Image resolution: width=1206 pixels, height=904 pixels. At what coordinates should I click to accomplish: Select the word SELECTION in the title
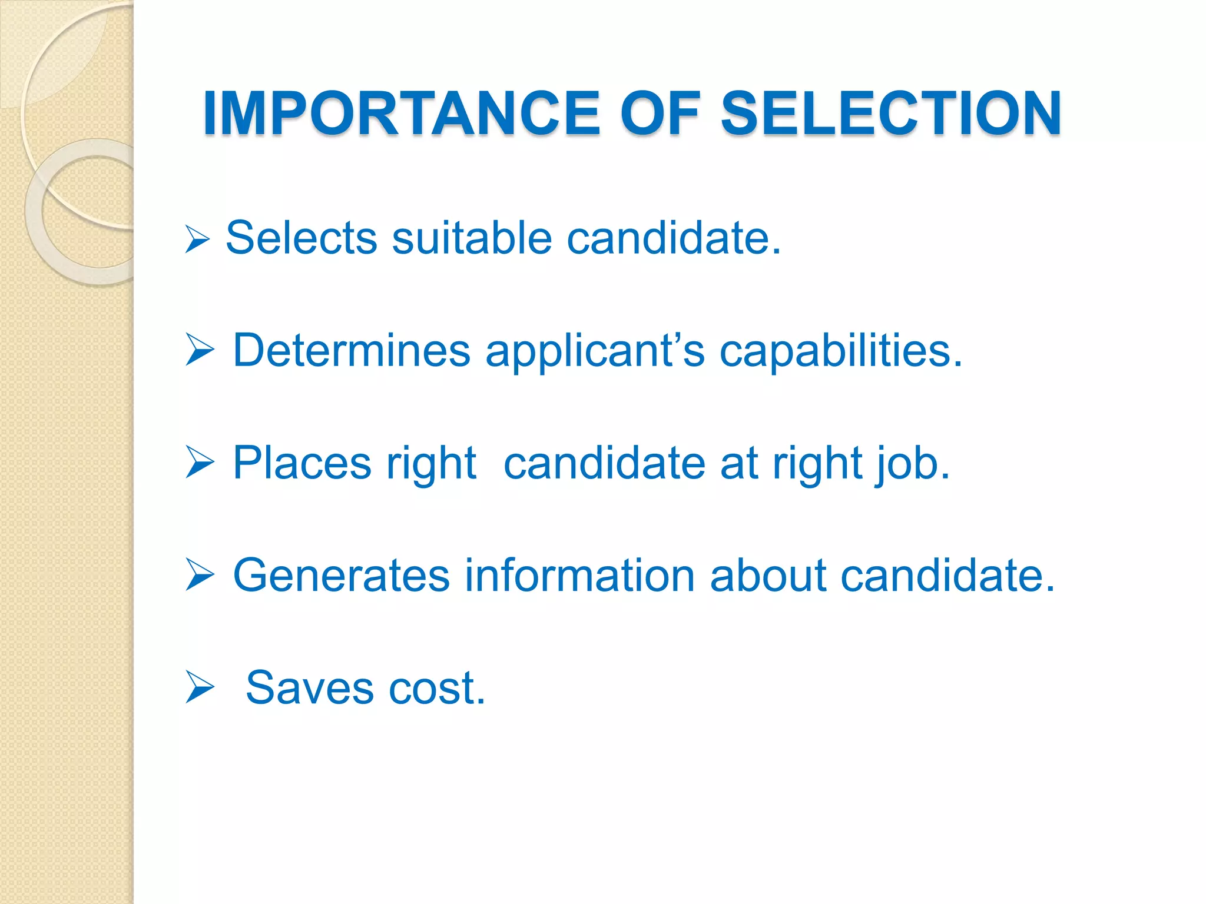(892, 113)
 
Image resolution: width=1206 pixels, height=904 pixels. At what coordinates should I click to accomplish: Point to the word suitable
(472, 238)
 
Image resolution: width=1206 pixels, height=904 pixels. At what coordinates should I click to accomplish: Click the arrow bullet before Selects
(197, 239)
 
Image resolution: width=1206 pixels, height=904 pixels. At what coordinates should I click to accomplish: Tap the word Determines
(352, 351)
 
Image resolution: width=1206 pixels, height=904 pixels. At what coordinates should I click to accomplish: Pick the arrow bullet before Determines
(200, 349)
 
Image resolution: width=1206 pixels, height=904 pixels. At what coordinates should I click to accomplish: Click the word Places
(302, 463)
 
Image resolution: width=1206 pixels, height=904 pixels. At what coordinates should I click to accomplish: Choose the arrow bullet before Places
(200, 462)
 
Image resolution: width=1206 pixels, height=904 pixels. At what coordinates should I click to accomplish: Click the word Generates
(341, 576)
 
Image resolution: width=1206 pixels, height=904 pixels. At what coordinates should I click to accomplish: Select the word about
(768, 576)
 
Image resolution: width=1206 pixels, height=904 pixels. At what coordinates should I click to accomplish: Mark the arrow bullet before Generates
(200, 574)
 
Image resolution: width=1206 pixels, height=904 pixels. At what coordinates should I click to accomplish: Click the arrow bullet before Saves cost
(200, 687)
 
